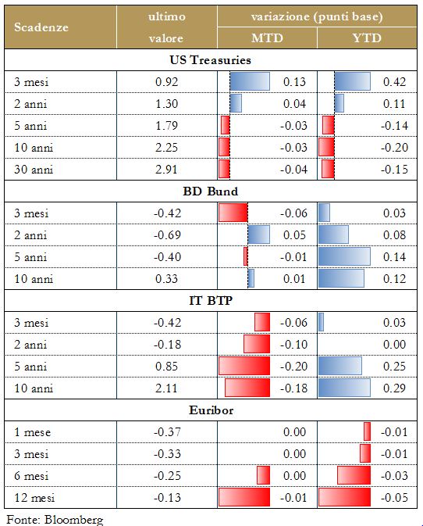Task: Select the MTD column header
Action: coord(267,38)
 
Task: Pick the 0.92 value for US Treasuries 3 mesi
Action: coord(166,81)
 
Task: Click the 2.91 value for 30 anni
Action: coord(166,169)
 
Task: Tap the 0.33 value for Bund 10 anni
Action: coord(166,278)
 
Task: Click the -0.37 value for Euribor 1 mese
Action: coord(166,431)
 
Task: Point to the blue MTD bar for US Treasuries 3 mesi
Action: coord(250,81)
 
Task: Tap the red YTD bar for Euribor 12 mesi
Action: coord(344,497)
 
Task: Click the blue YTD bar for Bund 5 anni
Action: coord(344,256)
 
